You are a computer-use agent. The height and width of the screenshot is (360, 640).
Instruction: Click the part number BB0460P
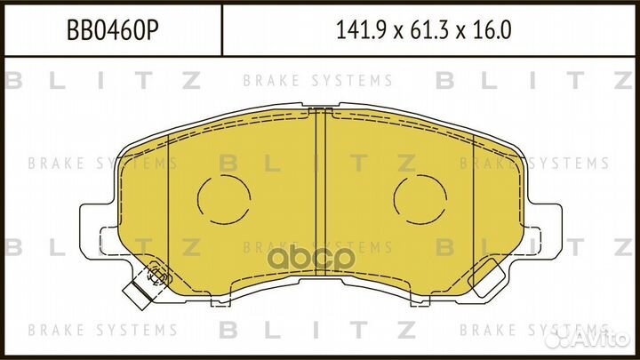(x=110, y=32)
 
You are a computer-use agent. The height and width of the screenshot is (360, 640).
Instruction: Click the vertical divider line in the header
(x=220, y=32)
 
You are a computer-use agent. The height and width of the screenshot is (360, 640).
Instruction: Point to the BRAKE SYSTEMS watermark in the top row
(x=317, y=81)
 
